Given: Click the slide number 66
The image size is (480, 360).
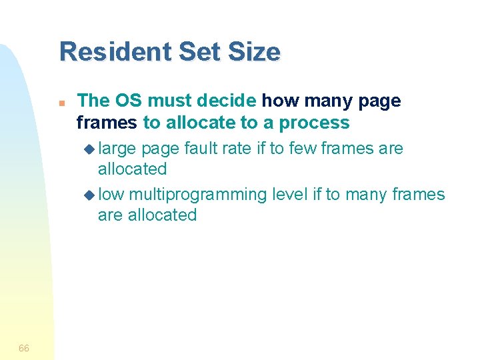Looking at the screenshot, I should (x=24, y=348).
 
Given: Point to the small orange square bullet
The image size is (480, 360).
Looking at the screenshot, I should (x=61, y=104).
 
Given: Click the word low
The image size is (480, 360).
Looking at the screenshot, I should (x=111, y=195).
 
